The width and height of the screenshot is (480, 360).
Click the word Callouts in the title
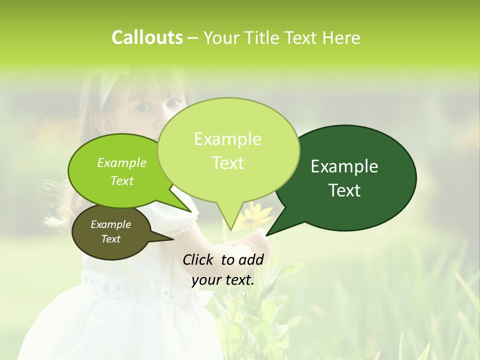pyautogui.click(x=147, y=37)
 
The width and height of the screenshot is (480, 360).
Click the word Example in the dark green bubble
pyautogui.click(x=344, y=166)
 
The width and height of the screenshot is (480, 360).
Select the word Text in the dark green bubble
pyautogui.click(x=345, y=190)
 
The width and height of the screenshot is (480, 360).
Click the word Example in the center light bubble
pyautogui.click(x=227, y=139)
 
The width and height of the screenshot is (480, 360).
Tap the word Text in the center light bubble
pyautogui.click(x=227, y=163)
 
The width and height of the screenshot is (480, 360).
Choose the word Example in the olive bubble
pyautogui.click(x=110, y=224)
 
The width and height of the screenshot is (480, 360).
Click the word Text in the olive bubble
pyautogui.click(x=110, y=239)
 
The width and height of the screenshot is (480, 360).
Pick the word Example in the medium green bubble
pyautogui.click(x=121, y=162)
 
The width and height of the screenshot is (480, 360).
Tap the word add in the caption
pyautogui.click(x=251, y=259)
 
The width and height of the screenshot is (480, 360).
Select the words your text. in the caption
pyautogui.click(x=223, y=280)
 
